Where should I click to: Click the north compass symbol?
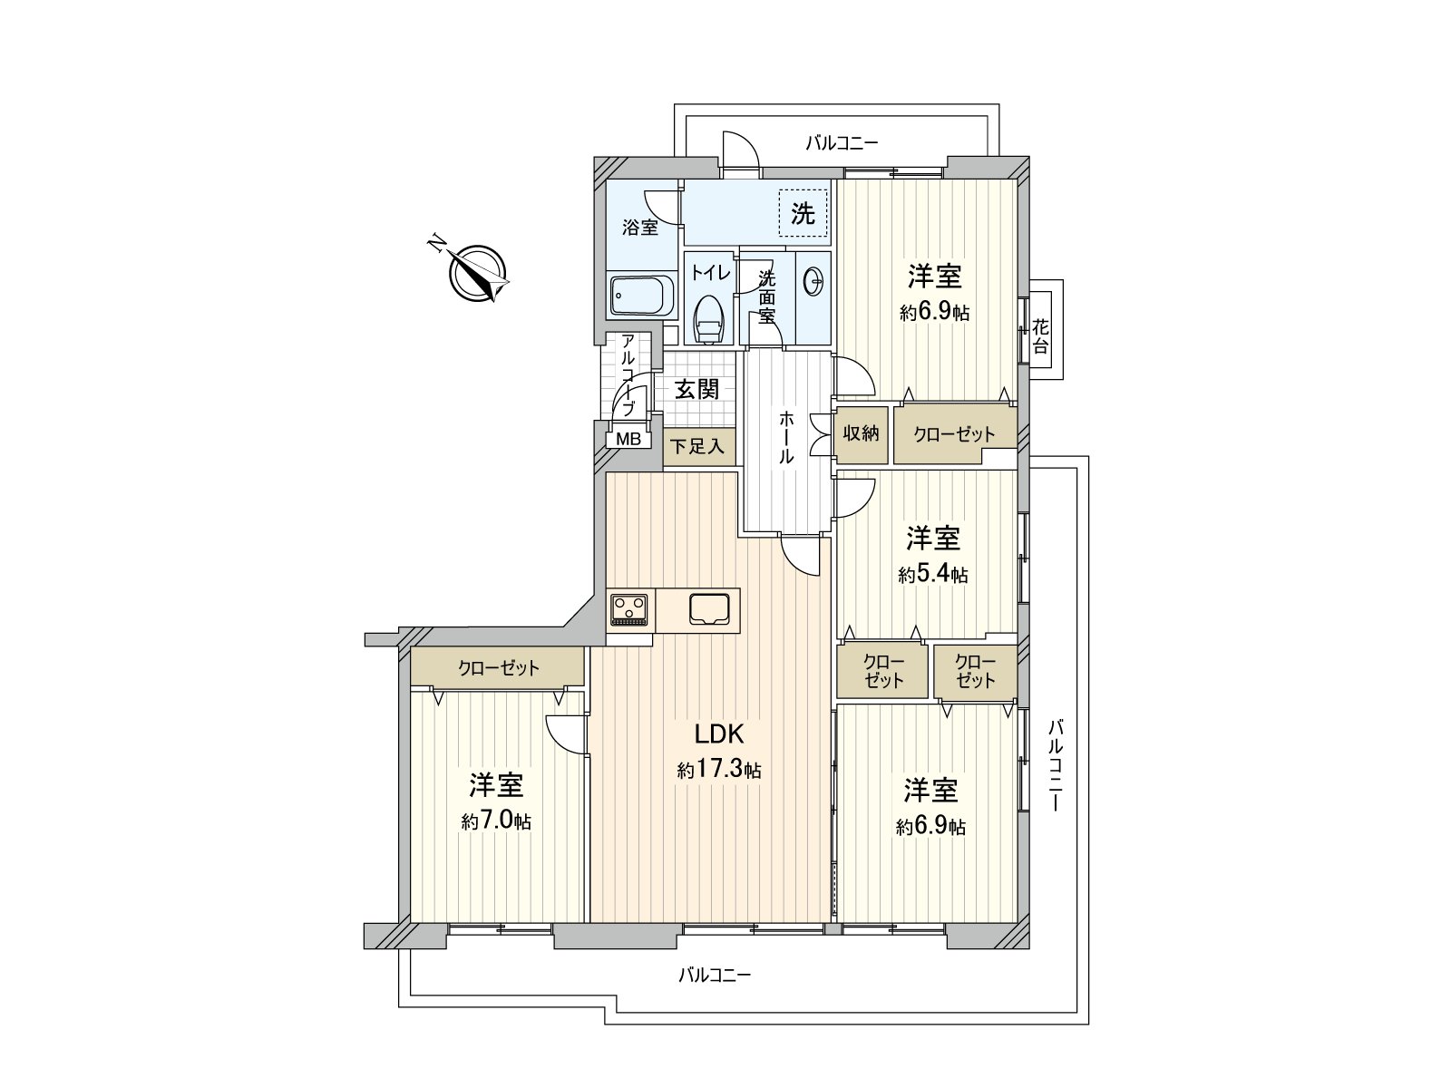[477, 273]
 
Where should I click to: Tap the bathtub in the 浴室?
[642, 296]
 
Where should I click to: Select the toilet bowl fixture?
[708, 318]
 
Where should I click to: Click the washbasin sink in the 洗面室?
[813, 283]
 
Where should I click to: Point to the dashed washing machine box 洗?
[803, 213]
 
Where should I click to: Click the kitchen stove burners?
[629, 609]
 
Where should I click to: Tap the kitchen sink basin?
[709, 609]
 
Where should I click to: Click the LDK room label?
[718, 733]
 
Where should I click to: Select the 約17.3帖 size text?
[719, 770]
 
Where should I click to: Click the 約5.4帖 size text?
[933, 574]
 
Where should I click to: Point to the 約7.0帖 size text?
[496, 821]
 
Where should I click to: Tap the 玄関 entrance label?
[696, 389]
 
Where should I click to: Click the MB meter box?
[628, 440]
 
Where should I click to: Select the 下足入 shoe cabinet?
[699, 447]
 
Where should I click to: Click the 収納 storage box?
[861, 434]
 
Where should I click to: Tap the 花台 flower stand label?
[1040, 336]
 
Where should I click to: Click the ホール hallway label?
[786, 437]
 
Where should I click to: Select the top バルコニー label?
[842, 142]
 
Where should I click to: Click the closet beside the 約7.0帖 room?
[497, 666]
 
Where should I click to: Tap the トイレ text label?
[711, 273]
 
